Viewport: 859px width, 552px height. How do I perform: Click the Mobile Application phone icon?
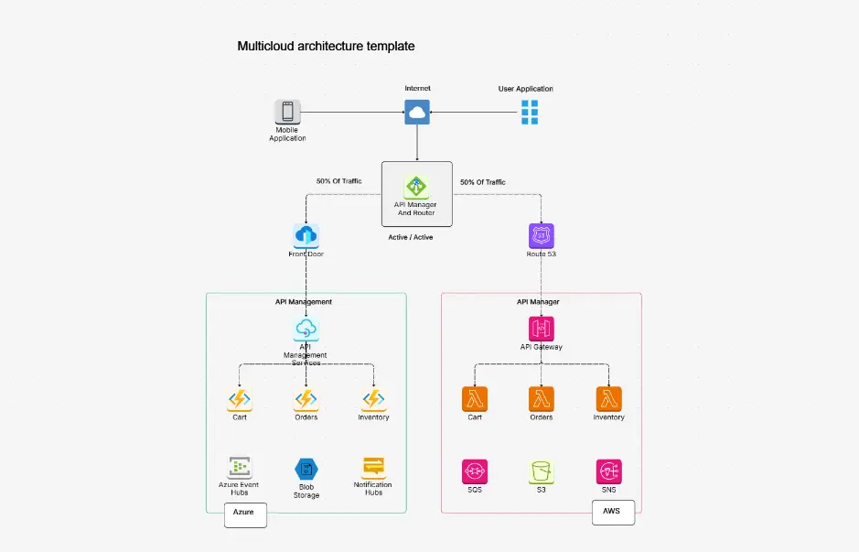[x=287, y=113]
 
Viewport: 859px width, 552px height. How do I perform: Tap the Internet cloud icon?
[x=417, y=113]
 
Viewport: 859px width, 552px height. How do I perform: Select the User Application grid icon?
[x=530, y=113]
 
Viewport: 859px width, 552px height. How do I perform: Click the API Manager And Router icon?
[x=417, y=188]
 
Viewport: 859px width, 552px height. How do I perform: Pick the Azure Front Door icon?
[x=306, y=236]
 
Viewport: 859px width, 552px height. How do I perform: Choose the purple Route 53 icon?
[x=542, y=236]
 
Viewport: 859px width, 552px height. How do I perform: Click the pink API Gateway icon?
[x=542, y=329]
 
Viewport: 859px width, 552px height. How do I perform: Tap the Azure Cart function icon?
[x=240, y=399]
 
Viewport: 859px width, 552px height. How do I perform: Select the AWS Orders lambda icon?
[x=542, y=399]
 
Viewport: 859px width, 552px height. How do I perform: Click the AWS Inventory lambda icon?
[x=608, y=399]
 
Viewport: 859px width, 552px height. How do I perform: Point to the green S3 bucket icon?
[x=542, y=471]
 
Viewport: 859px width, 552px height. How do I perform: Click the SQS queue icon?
[x=475, y=471]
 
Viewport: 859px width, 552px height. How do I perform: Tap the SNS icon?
[x=608, y=471]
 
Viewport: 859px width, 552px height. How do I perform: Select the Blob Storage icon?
[x=306, y=469]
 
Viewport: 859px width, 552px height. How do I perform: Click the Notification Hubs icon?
[x=373, y=467]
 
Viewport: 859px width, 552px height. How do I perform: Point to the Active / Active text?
[x=411, y=237]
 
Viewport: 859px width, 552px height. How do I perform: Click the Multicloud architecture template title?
[x=326, y=46]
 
